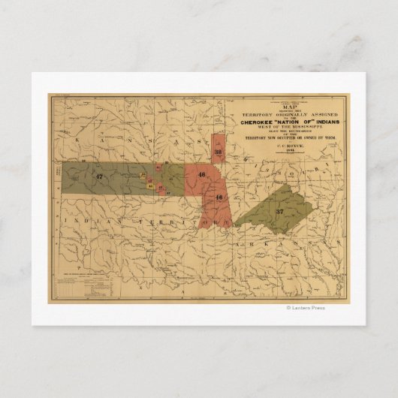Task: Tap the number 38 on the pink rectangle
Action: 218,152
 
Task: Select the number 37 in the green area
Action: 280,211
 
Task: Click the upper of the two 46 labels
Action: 201,175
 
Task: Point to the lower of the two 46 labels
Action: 219,197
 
